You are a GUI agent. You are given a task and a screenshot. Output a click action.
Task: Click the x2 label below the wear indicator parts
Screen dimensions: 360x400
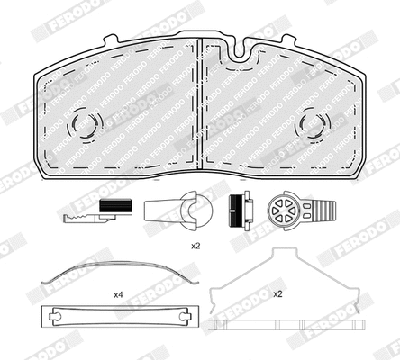click(195, 245)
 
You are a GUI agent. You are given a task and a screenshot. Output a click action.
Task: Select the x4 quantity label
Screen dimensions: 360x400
click(117, 294)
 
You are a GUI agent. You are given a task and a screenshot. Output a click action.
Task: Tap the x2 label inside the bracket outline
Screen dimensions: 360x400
click(277, 293)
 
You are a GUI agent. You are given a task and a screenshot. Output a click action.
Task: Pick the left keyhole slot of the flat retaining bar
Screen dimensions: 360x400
click(57, 317)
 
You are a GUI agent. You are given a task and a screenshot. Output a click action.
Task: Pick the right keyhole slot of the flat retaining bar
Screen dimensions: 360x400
click(178, 317)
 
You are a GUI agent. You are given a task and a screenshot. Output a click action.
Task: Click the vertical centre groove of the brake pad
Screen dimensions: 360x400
click(199, 99)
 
